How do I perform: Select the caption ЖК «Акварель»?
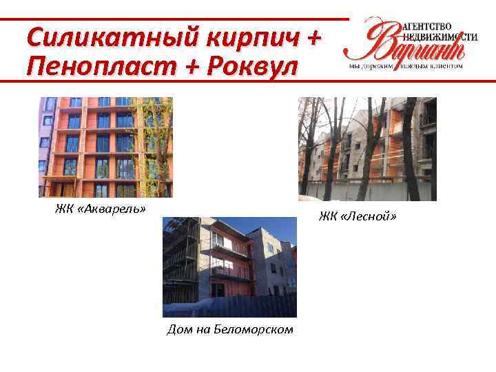101,209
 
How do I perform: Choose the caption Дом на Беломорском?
230,329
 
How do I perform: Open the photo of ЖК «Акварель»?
105,147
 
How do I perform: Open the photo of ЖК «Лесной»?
367,149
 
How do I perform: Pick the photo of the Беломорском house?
229,267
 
